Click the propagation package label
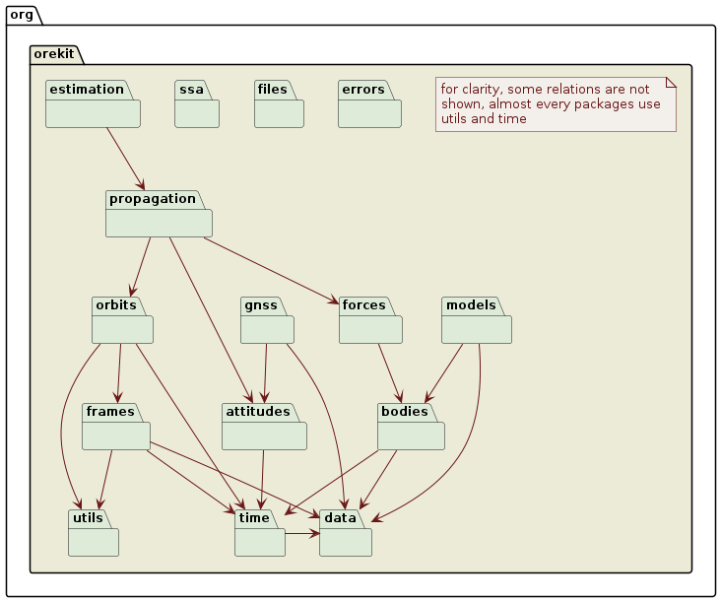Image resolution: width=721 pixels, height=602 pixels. pyautogui.click(x=153, y=199)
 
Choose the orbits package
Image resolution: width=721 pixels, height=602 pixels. pyautogui.click(x=122, y=320)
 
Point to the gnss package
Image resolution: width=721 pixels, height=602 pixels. pyautogui.click(x=267, y=320)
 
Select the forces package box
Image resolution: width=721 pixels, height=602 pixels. pyautogui.click(x=369, y=320)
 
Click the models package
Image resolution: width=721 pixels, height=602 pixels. pyautogui.click(x=477, y=320)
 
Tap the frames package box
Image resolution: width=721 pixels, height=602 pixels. pyautogui.click(x=116, y=428)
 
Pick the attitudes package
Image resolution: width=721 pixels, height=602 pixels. pyautogui.click(x=264, y=428)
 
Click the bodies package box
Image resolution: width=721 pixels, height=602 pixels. pyautogui.click(x=411, y=428)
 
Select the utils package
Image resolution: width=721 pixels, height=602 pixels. pyautogui.click(x=93, y=534)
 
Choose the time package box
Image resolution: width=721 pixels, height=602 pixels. pyautogui.click(x=259, y=534)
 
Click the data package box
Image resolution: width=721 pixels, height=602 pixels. pyautogui.click(x=345, y=534)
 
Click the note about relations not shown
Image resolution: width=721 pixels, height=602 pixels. pyautogui.click(x=555, y=103)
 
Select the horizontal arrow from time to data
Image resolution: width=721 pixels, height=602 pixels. pyautogui.click(x=301, y=534)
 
